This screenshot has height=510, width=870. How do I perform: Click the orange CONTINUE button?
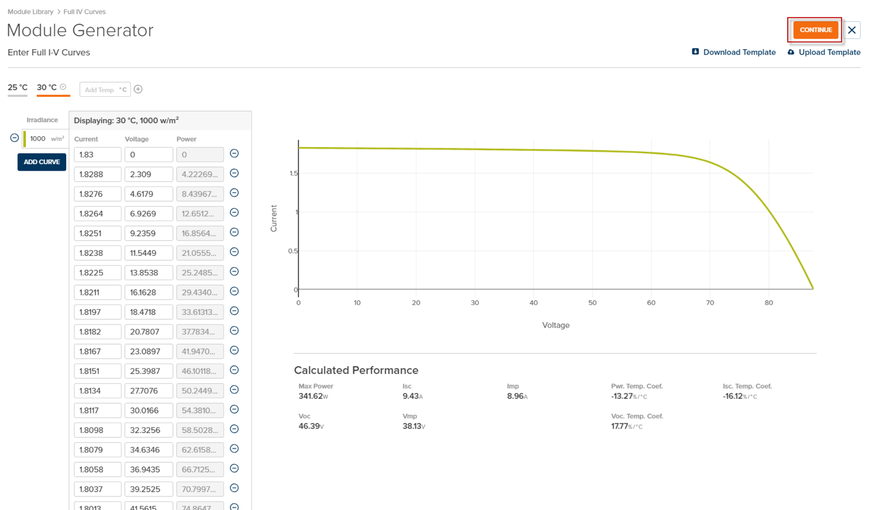click(x=815, y=30)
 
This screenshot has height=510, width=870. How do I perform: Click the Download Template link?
click(x=739, y=52)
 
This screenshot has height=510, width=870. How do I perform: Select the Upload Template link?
click(x=829, y=52)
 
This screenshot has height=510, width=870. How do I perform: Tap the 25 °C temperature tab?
click(x=18, y=88)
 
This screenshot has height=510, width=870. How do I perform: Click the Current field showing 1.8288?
click(x=97, y=174)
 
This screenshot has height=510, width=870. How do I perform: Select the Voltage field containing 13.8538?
click(x=148, y=273)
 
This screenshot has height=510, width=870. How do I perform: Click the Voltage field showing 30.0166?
click(x=148, y=411)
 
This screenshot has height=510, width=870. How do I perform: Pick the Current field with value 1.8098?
click(x=97, y=430)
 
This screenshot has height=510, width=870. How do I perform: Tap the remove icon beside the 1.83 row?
click(x=234, y=154)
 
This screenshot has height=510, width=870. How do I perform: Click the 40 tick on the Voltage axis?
click(x=534, y=303)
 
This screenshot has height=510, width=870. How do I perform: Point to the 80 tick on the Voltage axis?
click(x=769, y=303)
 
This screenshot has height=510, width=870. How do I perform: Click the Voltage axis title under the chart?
click(x=556, y=325)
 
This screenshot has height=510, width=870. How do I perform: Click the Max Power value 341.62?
click(x=311, y=396)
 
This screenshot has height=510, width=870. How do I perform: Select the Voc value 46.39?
click(x=309, y=426)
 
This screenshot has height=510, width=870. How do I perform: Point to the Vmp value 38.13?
click(x=412, y=426)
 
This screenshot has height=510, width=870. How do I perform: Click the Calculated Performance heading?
click(x=356, y=370)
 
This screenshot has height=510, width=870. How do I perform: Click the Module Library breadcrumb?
click(x=31, y=12)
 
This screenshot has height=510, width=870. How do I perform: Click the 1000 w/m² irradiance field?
click(x=46, y=139)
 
